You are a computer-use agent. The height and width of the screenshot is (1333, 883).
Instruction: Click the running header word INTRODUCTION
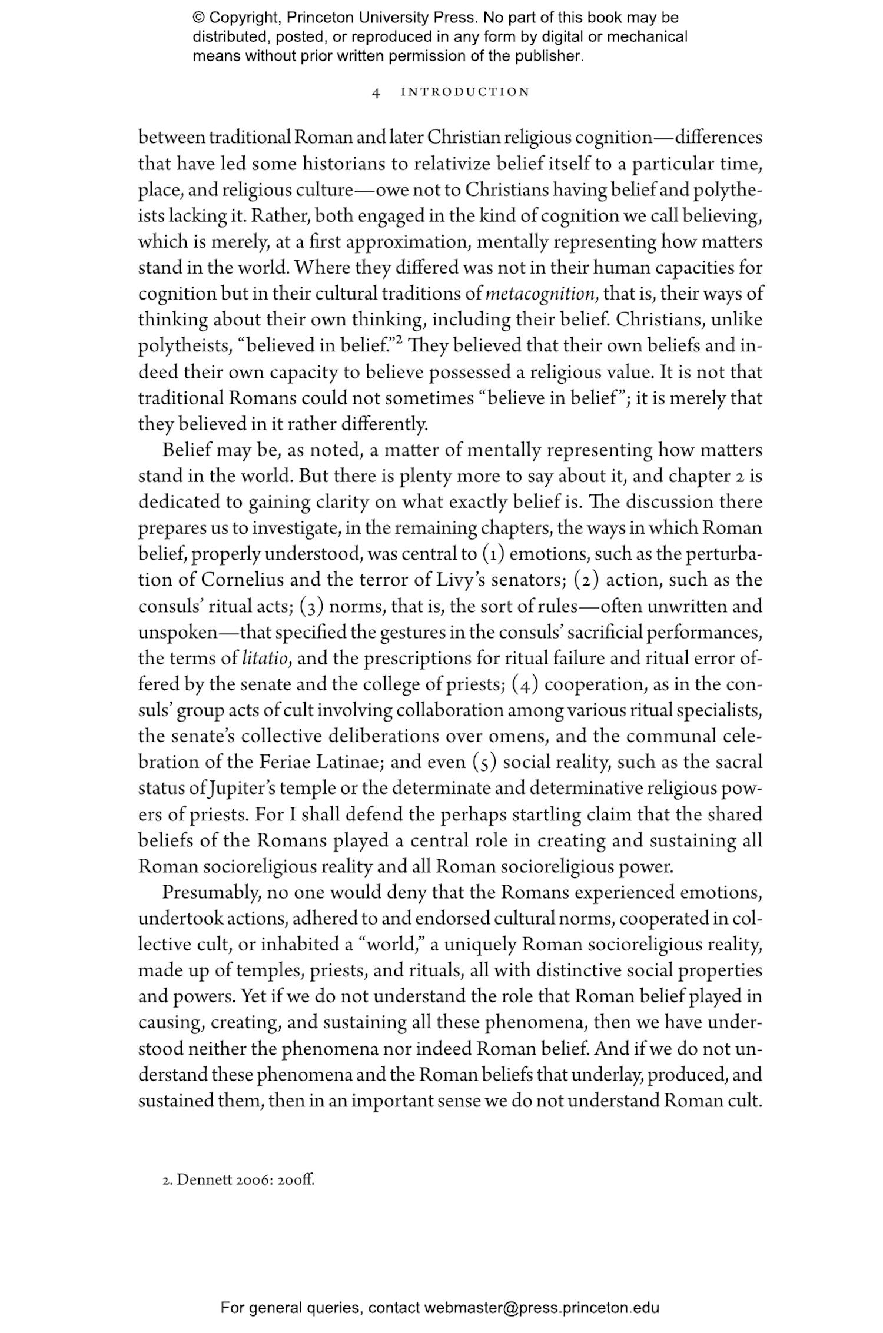click(x=465, y=92)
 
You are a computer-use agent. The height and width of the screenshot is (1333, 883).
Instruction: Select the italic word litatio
click(x=265, y=658)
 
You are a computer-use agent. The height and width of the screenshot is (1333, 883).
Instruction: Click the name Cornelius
click(x=243, y=580)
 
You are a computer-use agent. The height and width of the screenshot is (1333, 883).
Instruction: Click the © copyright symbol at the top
click(x=198, y=18)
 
